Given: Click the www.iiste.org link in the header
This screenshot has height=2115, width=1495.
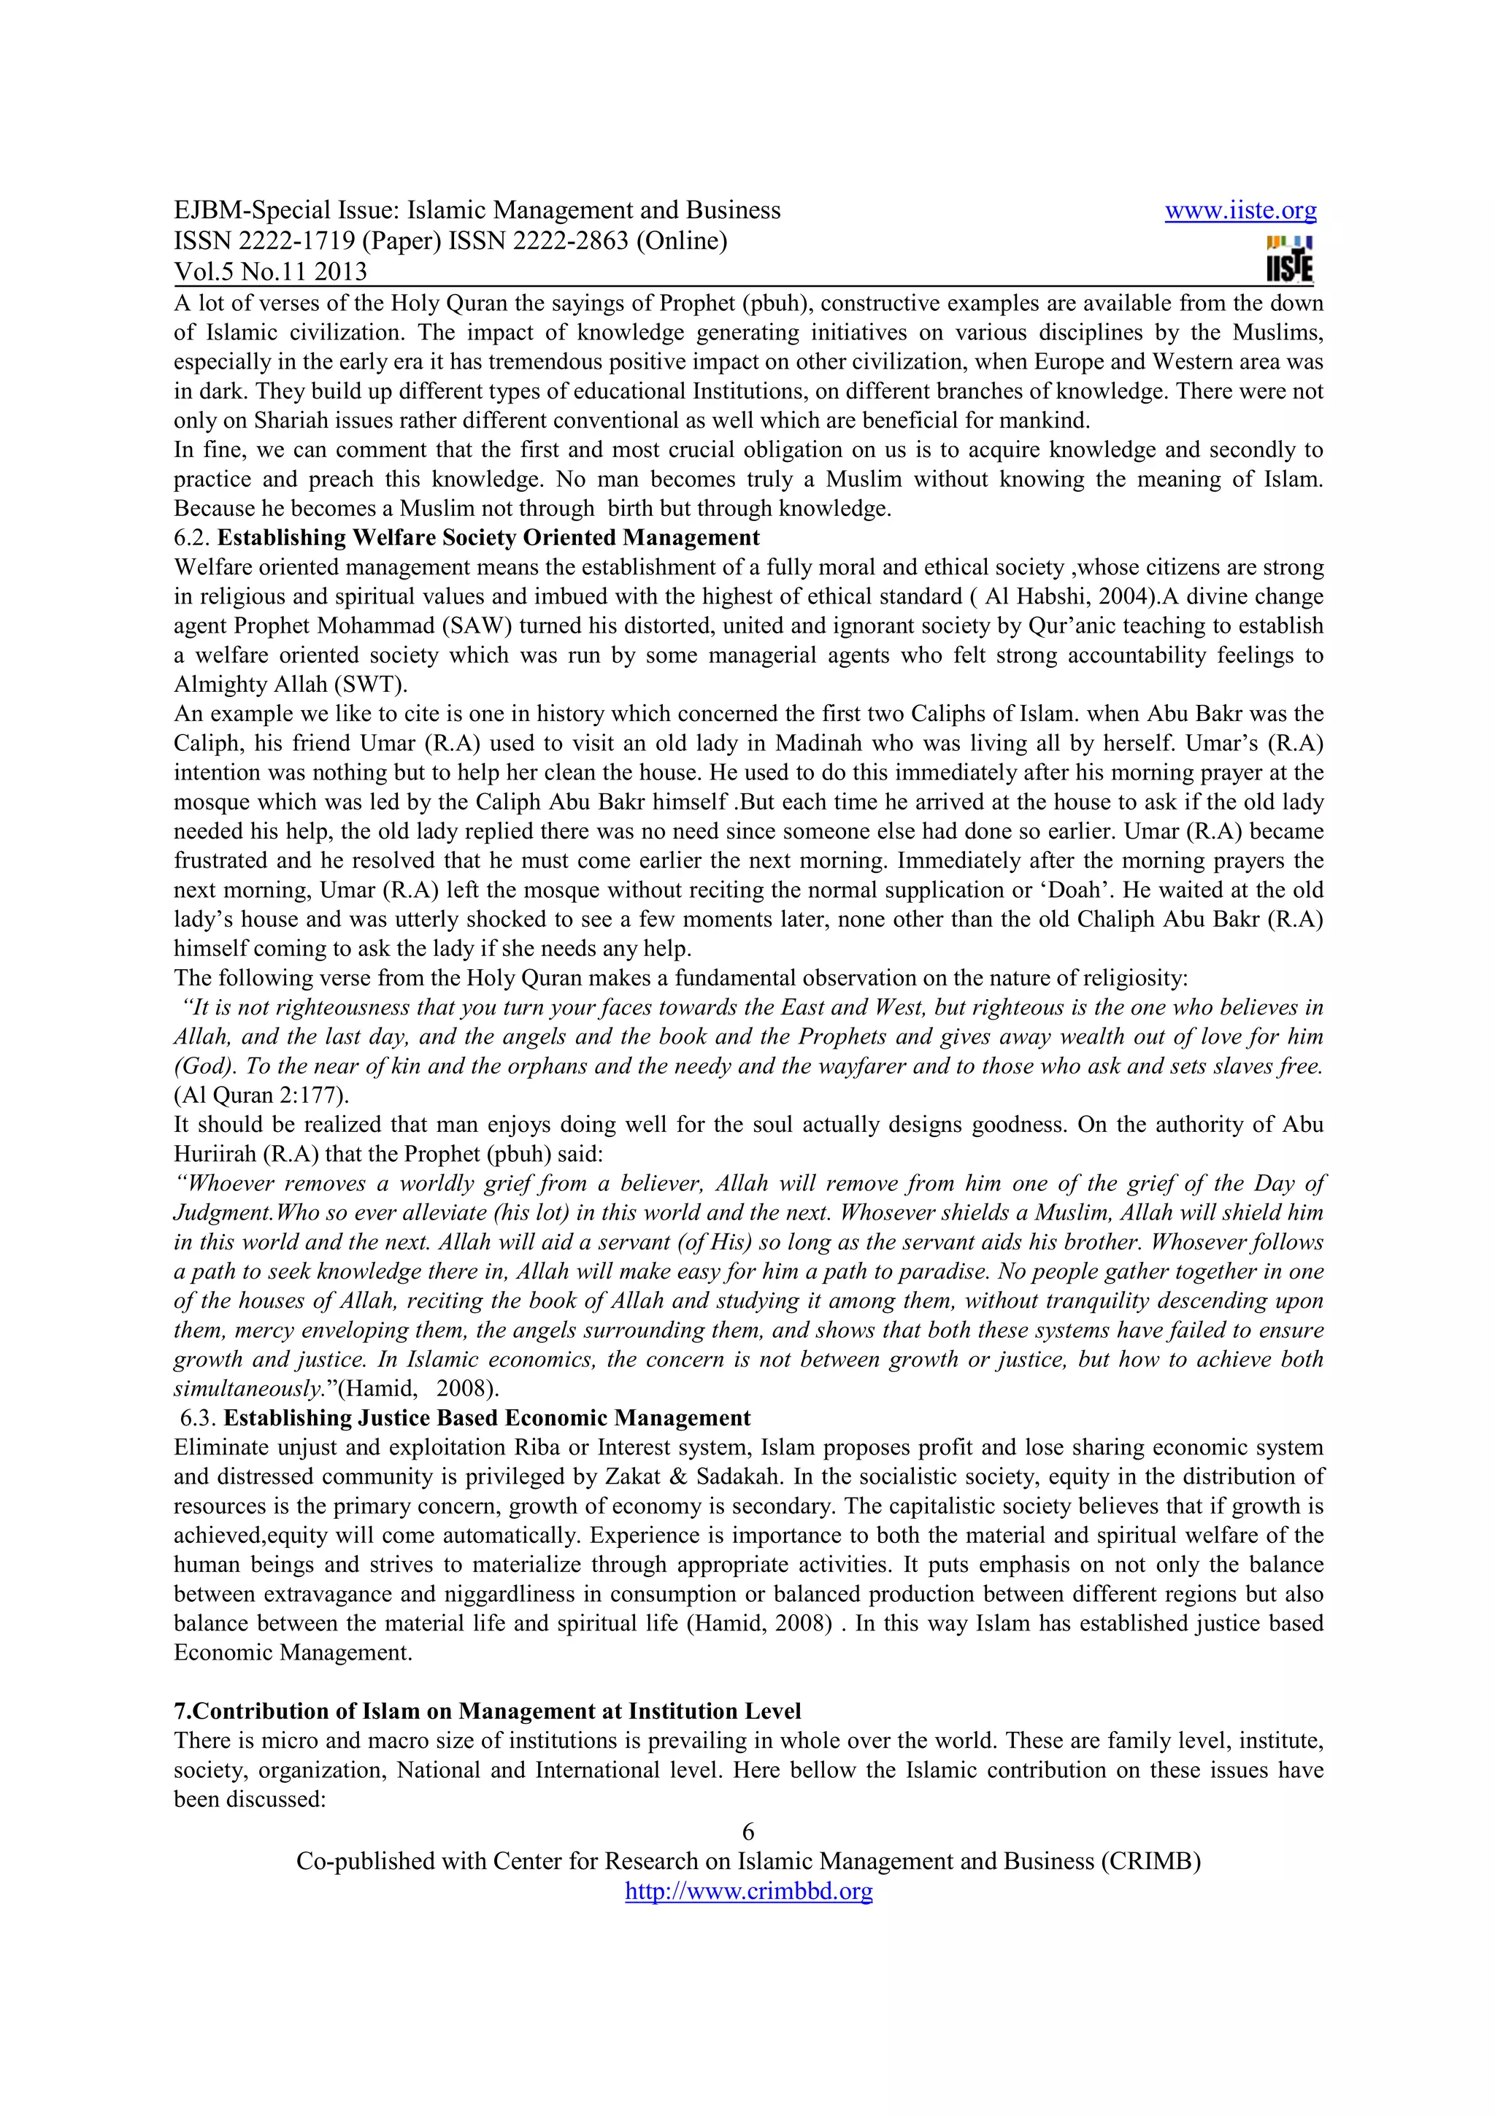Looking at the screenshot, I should click(x=1240, y=211).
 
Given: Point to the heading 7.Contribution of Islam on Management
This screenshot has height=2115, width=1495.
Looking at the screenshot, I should click(x=488, y=1711).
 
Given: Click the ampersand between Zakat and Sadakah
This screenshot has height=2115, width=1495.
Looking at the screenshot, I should click(x=678, y=1476).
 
